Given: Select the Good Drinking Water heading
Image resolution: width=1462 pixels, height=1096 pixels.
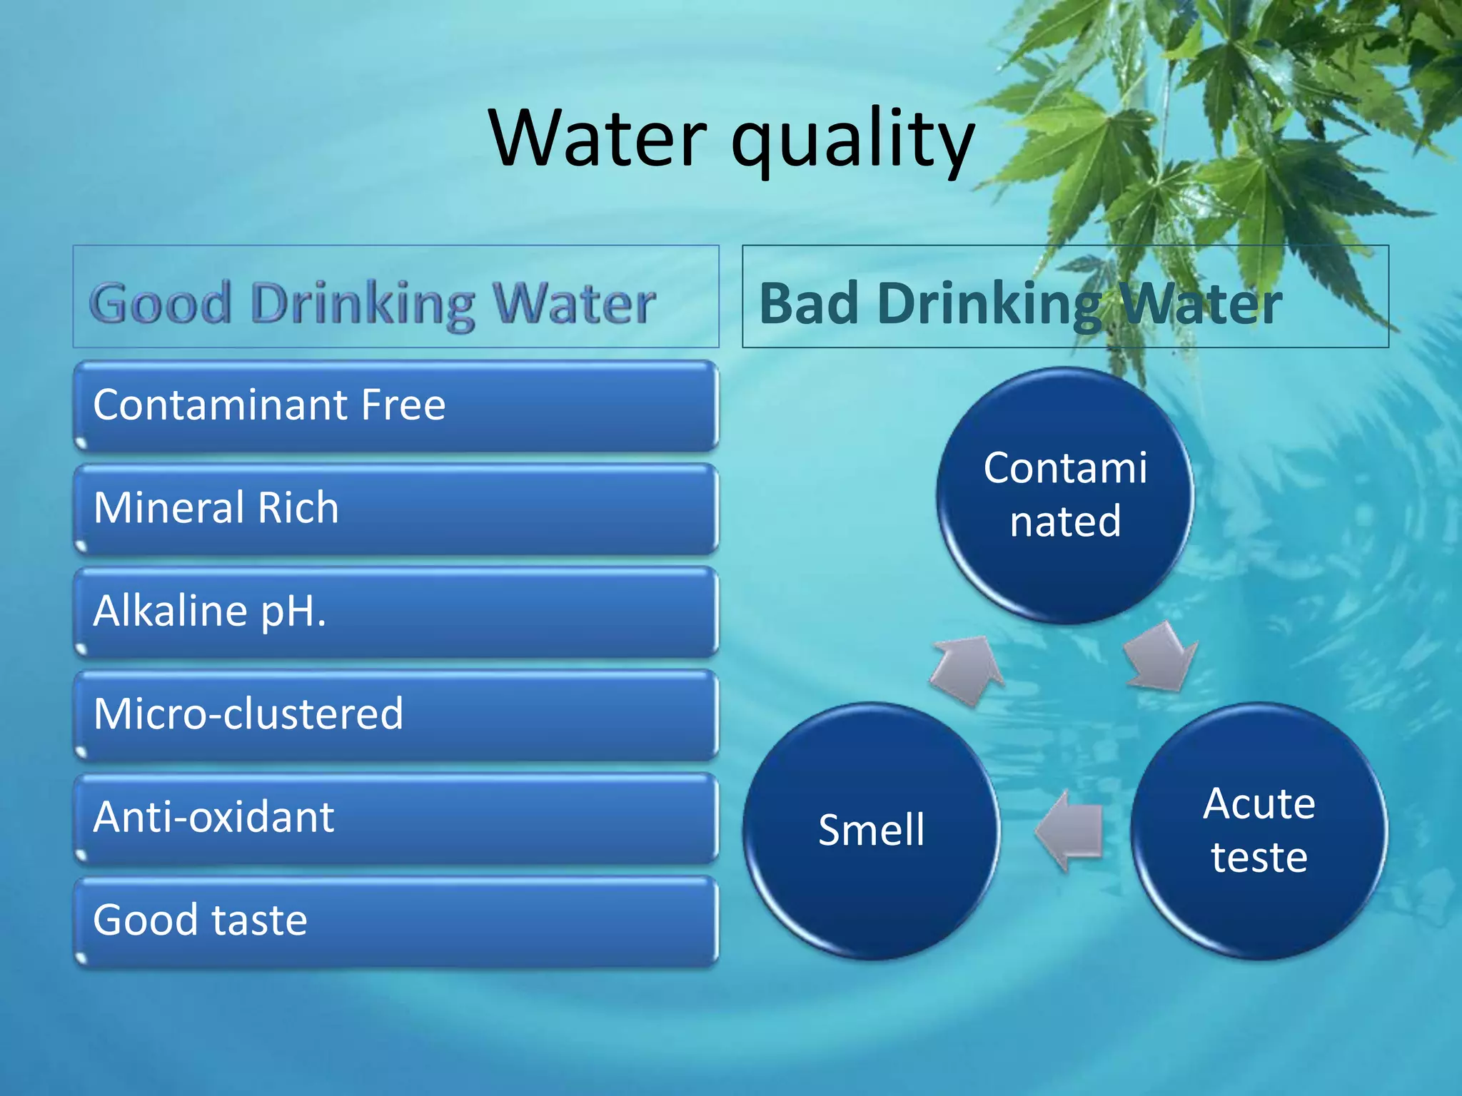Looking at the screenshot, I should tap(372, 303).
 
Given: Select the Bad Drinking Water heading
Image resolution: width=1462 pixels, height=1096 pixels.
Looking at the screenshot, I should tap(1020, 303).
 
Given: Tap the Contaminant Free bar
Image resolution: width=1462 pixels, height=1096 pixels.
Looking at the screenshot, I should tap(396, 405).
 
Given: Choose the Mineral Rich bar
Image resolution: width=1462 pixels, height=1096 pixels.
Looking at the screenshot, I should tap(396, 508).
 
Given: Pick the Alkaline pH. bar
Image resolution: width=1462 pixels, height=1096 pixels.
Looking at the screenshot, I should tap(396, 612).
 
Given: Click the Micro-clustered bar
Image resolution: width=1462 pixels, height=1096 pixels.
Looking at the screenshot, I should tap(396, 714).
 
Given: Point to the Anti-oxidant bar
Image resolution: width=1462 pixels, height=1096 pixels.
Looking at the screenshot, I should tap(396, 818).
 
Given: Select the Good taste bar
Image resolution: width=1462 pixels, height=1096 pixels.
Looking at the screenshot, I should tap(396, 920).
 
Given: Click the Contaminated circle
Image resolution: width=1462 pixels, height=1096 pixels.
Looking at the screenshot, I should tap(1065, 495).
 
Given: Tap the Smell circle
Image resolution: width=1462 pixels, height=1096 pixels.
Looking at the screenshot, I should tap(871, 831).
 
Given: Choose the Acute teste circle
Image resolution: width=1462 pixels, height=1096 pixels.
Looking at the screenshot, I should tap(1259, 831).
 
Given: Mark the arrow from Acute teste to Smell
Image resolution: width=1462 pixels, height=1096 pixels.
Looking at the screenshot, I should tap(1069, 831).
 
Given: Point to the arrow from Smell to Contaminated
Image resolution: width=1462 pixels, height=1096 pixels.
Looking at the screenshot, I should tap(967, 669).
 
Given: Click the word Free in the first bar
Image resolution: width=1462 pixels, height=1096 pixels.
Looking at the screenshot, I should tap(403, 405).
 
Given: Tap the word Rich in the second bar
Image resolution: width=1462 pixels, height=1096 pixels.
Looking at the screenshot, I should tap(298, 508).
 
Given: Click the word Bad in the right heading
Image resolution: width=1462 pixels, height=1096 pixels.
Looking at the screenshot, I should tap(808, 303).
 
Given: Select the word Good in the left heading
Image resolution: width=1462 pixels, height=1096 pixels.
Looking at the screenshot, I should tap(161, 303).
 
